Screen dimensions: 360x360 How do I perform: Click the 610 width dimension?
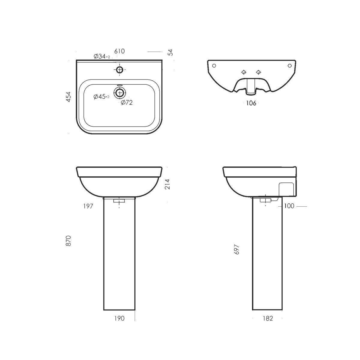point(119,51)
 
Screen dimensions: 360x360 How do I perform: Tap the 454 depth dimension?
point(69,97)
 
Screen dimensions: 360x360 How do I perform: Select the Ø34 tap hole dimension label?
point(102,56)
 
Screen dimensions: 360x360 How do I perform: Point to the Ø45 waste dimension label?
point(101,97)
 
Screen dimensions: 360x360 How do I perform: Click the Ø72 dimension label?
point(127,103)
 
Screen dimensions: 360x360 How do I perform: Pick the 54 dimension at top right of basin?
point(170,52)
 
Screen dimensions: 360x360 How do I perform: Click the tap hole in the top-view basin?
point(120,70)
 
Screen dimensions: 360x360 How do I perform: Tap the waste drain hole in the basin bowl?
point(120,93)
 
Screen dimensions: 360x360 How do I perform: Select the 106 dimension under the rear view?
point(251,103)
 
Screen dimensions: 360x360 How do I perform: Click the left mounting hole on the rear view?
point(214,66)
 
